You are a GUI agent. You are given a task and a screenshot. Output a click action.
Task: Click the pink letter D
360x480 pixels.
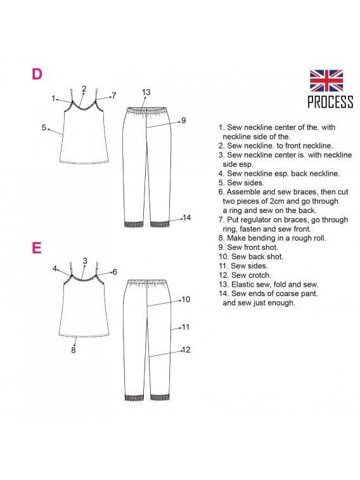37,74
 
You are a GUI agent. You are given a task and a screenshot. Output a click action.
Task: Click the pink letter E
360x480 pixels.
36,248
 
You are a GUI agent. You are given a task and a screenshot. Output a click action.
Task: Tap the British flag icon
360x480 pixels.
326,81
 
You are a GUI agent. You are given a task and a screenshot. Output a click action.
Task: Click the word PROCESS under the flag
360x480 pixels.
330,101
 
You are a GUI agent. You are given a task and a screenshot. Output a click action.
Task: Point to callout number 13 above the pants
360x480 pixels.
146,92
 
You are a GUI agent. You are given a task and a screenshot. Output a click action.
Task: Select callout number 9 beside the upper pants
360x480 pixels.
184,120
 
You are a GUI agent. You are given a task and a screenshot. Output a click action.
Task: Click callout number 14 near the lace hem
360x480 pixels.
186,217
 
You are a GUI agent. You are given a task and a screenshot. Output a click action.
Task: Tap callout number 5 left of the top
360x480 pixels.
44,127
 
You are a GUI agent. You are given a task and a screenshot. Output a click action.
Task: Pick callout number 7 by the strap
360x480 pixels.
114,96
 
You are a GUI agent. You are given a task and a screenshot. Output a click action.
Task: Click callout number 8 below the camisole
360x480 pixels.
74,350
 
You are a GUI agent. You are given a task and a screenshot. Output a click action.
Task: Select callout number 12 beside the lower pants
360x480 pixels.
186,349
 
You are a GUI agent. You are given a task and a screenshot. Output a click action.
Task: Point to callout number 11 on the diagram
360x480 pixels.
186,327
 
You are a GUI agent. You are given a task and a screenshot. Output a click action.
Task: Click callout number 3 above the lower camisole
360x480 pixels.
85,261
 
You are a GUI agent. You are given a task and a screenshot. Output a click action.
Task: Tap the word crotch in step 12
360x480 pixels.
260,275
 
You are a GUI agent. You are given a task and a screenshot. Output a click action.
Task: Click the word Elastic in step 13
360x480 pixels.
242,284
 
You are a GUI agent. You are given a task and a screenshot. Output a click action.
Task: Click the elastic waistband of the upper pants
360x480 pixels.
147,110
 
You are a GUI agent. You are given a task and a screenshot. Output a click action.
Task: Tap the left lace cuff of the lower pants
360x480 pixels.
134,398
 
